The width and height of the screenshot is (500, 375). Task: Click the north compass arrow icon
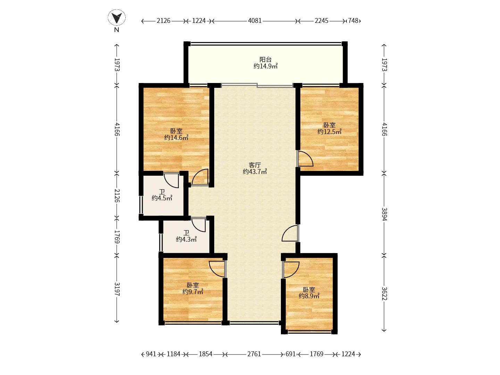pos(117,18)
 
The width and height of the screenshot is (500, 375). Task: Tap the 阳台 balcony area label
pos(265,63)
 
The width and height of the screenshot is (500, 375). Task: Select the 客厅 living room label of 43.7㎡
pos(255,168)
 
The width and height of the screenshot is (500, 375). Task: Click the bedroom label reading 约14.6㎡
pos(176,134)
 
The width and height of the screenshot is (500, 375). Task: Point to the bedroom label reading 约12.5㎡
pos(330,128)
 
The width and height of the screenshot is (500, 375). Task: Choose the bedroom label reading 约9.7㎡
pos(193,289)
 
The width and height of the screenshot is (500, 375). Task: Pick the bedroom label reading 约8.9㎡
pos(309,293)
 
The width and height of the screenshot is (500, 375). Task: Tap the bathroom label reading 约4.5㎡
pos(162,195)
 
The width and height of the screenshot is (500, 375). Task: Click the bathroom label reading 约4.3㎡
pos(186,236)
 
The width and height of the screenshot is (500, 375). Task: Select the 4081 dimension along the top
pos(255,21)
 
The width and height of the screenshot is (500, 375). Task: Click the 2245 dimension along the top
pos(322,21)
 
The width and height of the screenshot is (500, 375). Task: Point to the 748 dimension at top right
pos(353,21)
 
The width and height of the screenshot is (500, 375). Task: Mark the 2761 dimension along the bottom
pos(254,354)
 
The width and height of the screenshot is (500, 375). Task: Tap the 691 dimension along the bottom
pos(290,354)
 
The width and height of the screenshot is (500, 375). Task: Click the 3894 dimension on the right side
pos(384,214)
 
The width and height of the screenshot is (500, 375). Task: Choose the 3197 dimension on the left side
pos(117,289)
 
